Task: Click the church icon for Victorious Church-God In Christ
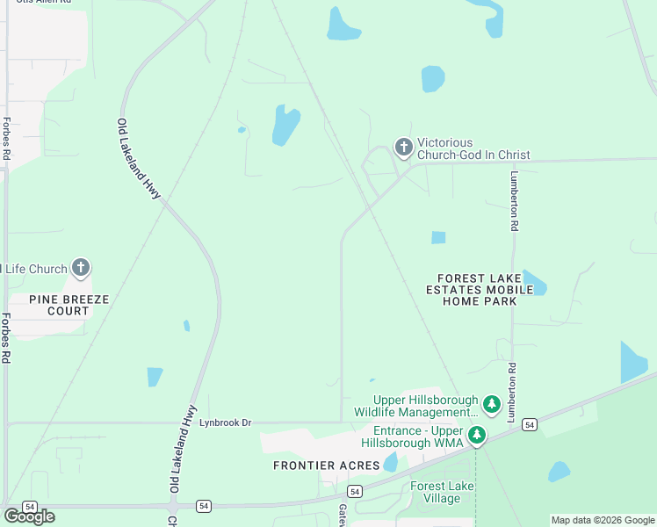[403, 148]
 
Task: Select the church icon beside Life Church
[81, 268]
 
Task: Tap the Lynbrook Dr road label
[226, 423]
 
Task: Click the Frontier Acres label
[326, 465]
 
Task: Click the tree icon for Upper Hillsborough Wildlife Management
[492, 405]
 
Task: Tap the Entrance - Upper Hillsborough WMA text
[416, 437]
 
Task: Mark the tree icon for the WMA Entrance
[476, 435]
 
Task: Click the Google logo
[29, 516]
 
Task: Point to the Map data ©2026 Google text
[603, 520]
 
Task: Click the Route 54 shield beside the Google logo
[29, 507]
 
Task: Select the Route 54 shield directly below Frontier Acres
[354, 491]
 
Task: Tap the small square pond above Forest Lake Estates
[438, 237]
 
